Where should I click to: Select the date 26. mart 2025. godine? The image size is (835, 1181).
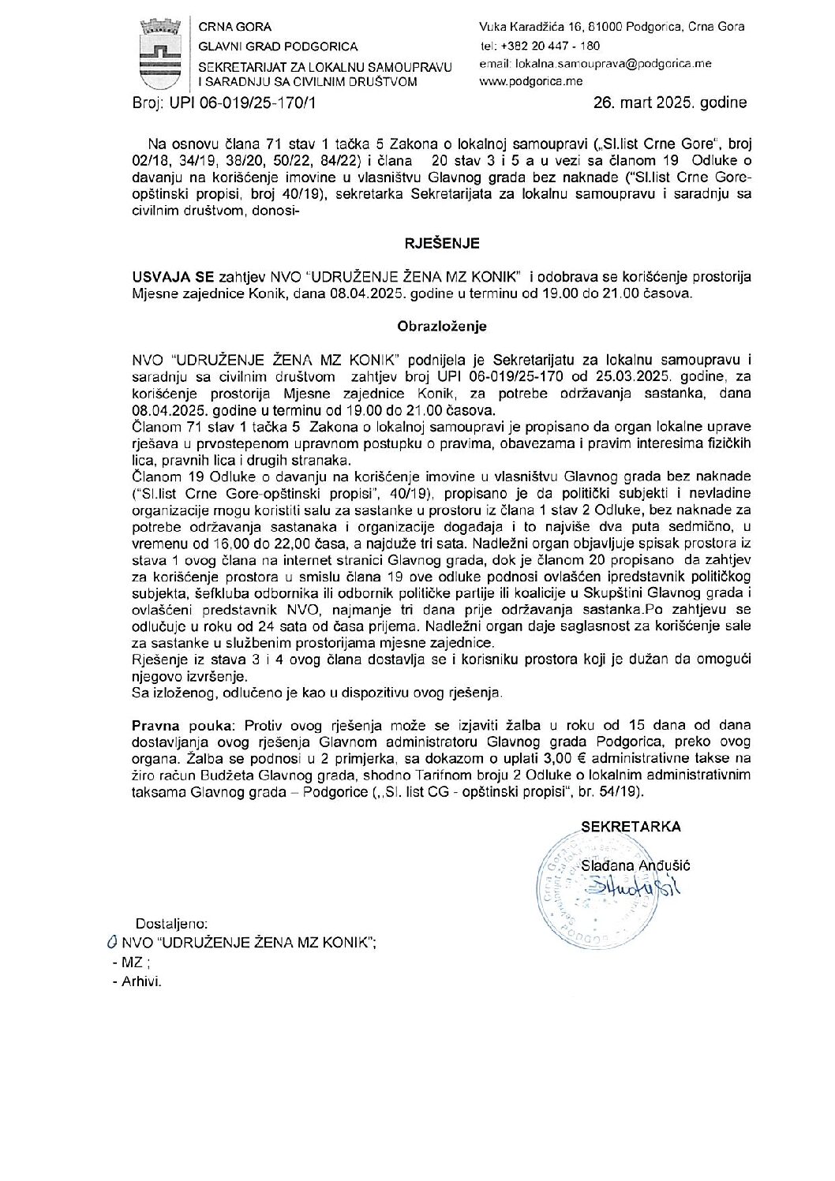point(670,103)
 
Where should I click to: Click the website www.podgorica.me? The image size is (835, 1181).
point(530,80)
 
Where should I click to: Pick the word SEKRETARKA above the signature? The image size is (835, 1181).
point(631,827)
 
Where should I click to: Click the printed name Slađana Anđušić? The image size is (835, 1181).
point(635,865)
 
